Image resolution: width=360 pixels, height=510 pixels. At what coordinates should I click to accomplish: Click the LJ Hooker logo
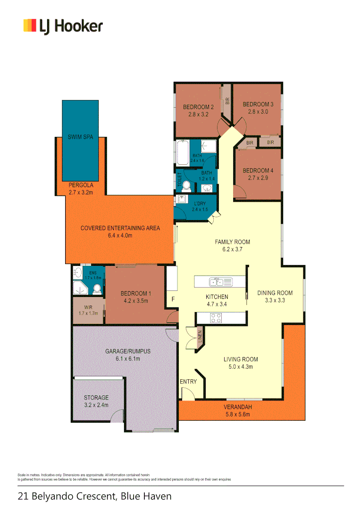pos(63,26)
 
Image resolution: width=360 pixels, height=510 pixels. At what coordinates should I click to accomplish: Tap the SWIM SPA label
pos(80,137)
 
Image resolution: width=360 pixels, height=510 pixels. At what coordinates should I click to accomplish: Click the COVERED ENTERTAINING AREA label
pos(120,228)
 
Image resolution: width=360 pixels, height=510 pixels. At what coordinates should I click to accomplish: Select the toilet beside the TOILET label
pos(186,185)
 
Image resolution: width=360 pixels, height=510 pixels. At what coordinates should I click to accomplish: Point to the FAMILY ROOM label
pos(232,242)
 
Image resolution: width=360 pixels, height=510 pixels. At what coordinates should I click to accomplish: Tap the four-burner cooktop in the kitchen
pos(216,318)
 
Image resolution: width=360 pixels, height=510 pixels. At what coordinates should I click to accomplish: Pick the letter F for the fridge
pos(173,299)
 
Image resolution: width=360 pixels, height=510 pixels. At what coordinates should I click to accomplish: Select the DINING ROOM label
pos(275,293)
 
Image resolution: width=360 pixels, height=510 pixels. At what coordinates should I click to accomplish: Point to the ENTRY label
pos(188,381)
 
